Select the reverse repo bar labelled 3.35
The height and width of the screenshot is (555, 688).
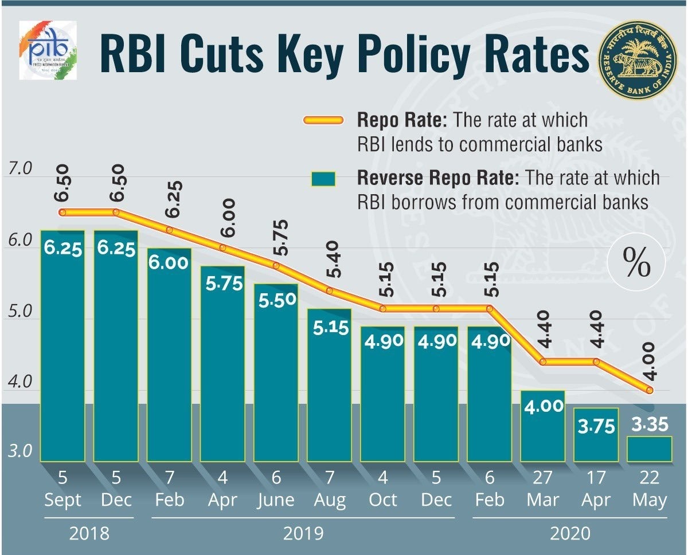click(x=649, y=448)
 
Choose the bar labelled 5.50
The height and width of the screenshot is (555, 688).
click(x=276, y=372)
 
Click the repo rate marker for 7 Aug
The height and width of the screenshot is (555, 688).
click(x=329, y=290)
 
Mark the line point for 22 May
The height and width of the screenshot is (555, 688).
click(x=649, y=391)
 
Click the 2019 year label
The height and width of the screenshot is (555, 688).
click(x=303, y=534)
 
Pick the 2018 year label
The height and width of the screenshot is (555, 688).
click(x=89, y=534)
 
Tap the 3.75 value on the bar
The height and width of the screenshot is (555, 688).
click(x=596, y=427)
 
